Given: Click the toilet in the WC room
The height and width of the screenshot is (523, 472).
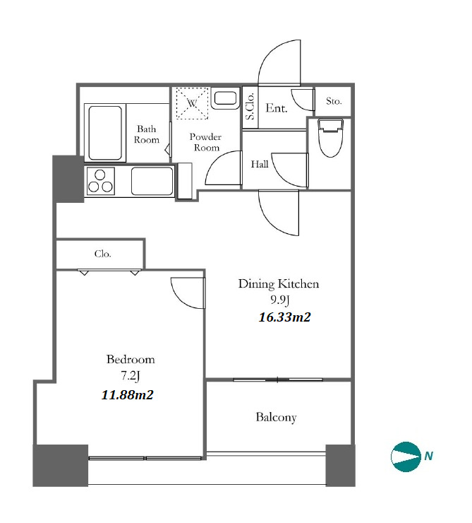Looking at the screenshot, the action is (x=330, y=138).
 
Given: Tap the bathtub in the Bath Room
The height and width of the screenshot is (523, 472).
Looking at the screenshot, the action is (x=105, y=133).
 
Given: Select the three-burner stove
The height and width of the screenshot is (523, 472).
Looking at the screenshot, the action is (x=100, y=181).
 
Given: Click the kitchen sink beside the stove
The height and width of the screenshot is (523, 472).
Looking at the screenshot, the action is (x=152, y=181).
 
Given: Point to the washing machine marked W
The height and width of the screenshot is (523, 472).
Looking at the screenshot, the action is (x=192, y=103).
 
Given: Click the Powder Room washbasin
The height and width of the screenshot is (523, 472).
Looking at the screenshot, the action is (x=225, y=98).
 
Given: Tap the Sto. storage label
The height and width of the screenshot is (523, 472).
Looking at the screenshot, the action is (x=334, y=101).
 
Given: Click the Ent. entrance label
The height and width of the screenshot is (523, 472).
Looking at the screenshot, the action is (x=277, y=108).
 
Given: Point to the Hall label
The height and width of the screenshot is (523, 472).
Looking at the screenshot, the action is (x=260, y=164).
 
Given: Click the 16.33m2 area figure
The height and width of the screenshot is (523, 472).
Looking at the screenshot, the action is (x=284, y=317).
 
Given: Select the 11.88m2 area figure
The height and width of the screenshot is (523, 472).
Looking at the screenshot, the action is (x=127, y=395).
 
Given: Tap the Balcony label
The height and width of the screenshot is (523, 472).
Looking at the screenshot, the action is (x=277, y=417).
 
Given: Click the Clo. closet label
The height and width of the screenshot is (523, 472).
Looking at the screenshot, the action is (x=102, y=254).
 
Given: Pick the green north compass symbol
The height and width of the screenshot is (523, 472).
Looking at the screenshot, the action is (x=406, y=457).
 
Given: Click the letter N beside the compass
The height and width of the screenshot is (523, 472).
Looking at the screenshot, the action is (x=428, y=456).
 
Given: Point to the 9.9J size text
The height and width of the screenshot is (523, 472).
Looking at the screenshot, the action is (x=280, y=300).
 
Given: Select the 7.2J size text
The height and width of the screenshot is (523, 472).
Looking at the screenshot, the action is (x=130, y=376).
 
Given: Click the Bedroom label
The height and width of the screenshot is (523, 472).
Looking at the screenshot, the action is (x=131, y=359).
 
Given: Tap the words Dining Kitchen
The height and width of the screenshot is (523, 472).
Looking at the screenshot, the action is (x=279, y=284).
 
